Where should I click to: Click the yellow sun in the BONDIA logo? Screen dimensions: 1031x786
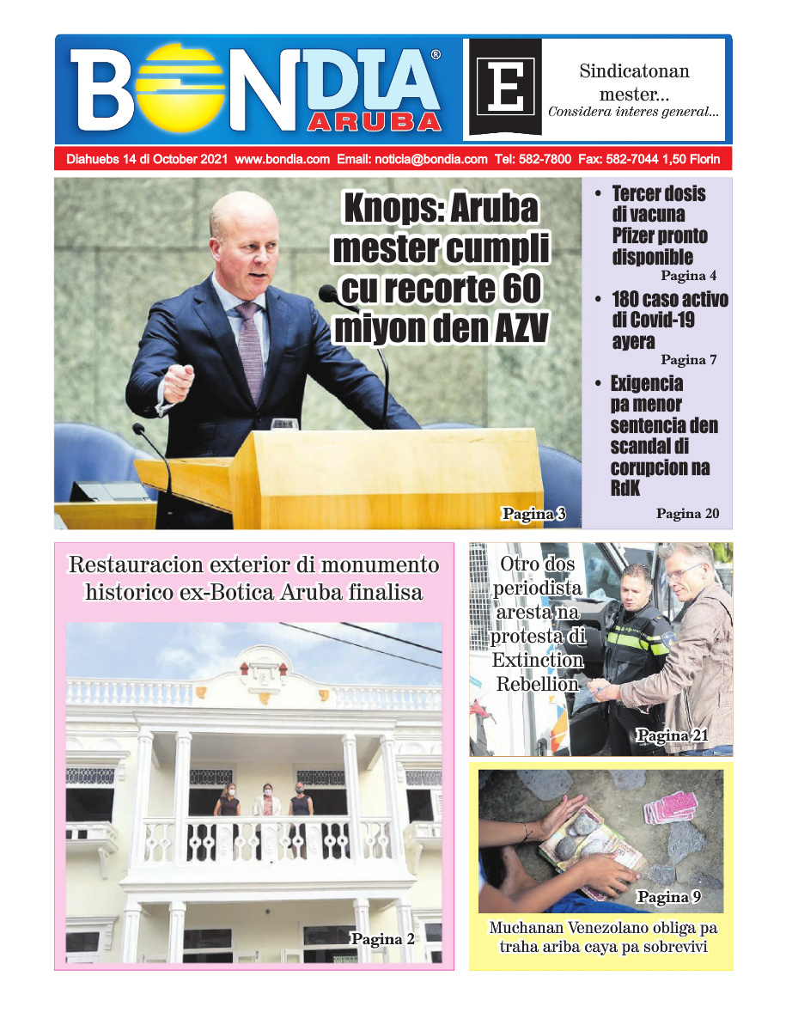pyautogui.click(x=183, y=86)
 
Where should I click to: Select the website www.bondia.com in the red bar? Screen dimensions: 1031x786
pyautogui.click(x=282, y=160)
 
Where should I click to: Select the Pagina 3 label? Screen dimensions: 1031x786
pyautogui.click(x=533, y=514)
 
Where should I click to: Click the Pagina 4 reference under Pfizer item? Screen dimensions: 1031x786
pyautogui.click(x=688, y=277)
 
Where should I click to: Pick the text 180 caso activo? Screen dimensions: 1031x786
pyautogui.click(x=669, y=300)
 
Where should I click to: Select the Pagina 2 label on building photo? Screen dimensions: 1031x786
pyautogui.click(x=382, y=939)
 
